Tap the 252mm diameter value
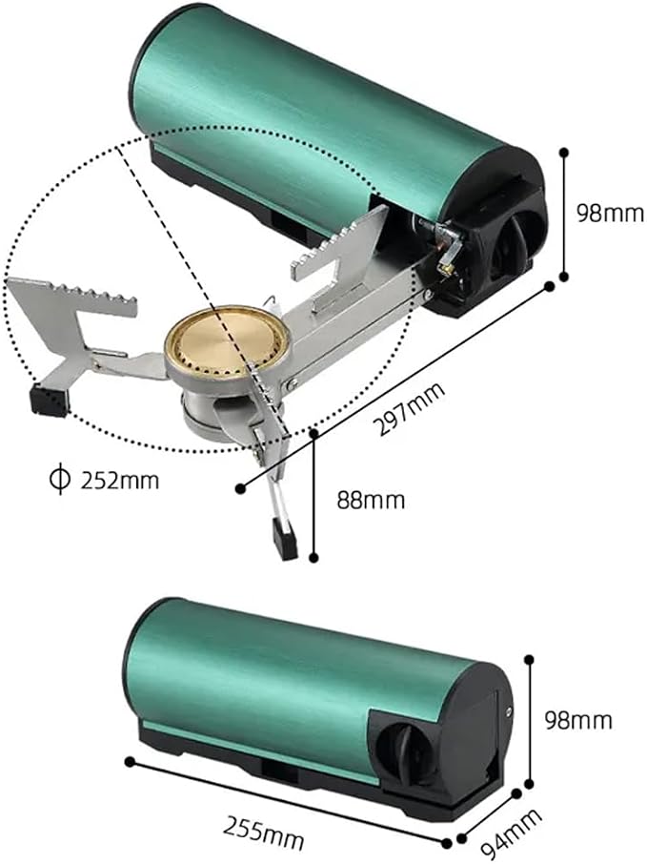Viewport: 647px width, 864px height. pos(119,481)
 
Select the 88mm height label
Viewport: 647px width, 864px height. pos(371,500)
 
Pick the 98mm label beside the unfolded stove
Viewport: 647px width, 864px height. pos(610,213)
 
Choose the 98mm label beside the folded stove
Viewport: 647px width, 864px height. pos(578,720)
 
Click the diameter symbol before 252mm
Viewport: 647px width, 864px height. pos(59,480)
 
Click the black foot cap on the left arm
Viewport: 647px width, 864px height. pos(51,399)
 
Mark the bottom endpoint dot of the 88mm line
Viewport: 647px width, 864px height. pos(313,558)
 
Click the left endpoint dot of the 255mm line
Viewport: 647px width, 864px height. pos(130,762)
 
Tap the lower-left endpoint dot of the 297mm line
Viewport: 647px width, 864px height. pos(240,488)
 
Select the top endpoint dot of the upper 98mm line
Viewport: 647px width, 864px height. pos(563,151)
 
